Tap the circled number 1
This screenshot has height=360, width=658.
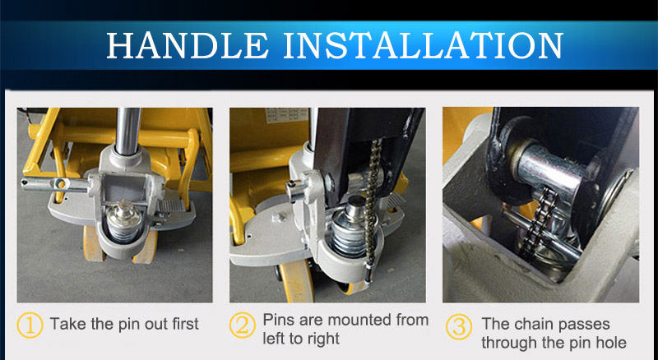pyautogui.click(x=30, y=325)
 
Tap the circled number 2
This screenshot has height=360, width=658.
pyautogui.click(x=242, y=326)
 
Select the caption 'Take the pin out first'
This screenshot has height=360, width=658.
pyautogui.click(x=124, y=325)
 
